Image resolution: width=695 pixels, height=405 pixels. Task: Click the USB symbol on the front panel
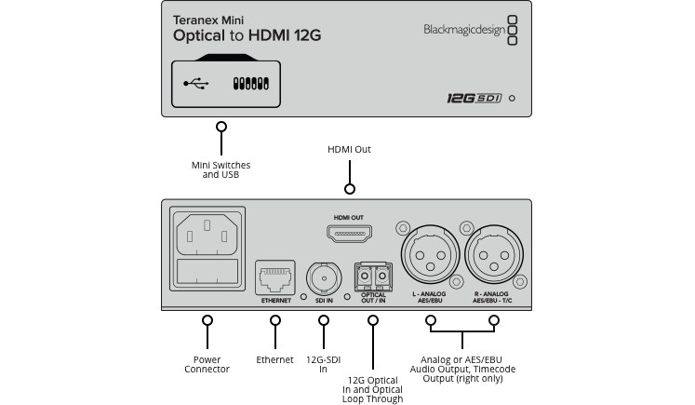[196, 83]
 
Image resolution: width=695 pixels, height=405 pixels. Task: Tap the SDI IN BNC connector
[324, 277]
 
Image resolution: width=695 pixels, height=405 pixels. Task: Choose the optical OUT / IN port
[373, 277]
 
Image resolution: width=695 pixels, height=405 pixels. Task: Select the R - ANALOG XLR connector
[495, 254]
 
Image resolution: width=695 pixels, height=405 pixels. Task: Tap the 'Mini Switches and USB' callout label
[221, 170]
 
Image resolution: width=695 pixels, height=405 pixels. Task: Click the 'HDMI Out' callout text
[350, 148]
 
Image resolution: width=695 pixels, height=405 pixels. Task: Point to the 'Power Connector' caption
[207, 364]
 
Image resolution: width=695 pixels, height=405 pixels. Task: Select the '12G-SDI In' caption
[324, 364]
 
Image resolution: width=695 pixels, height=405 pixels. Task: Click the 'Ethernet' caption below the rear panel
[274, 358]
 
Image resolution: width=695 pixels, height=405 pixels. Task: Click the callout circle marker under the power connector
[207, 320]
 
